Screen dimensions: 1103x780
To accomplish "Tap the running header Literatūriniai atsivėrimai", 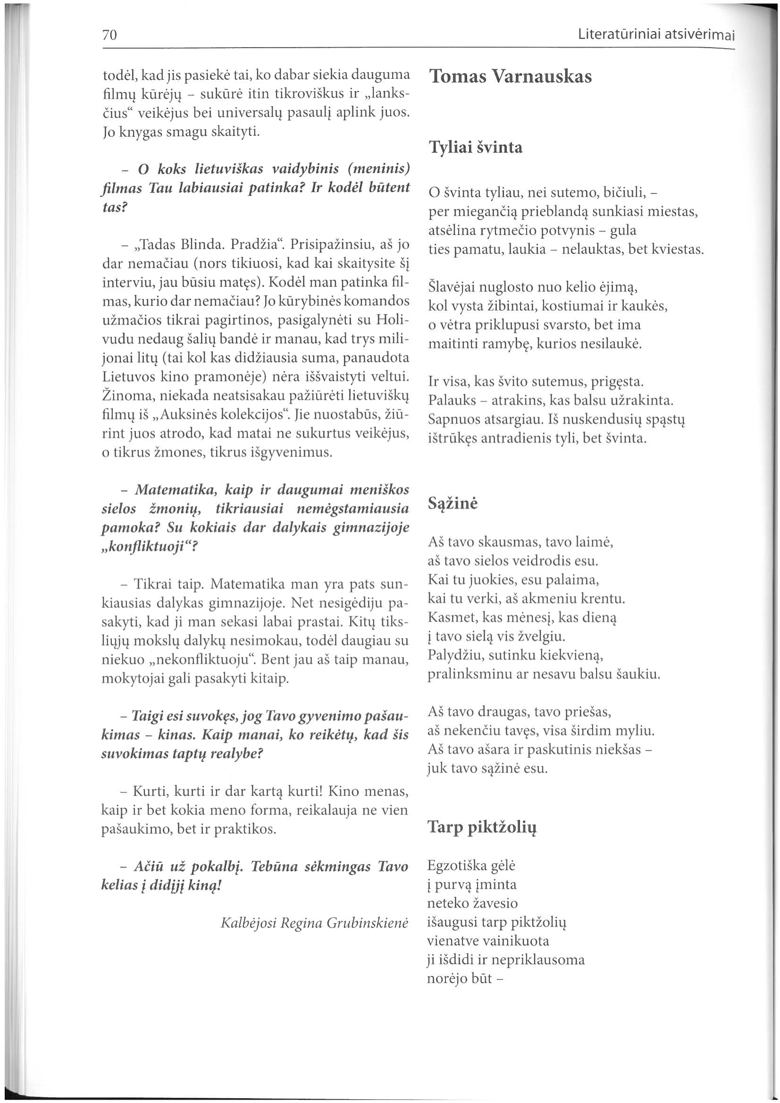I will point(656,35).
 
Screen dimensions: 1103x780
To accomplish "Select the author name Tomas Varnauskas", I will point(510,77).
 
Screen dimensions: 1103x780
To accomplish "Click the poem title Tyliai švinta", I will point(475,147).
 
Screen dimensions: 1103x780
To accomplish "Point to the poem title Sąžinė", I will point(453,504).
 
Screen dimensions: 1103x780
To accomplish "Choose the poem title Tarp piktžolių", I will point(482,827).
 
